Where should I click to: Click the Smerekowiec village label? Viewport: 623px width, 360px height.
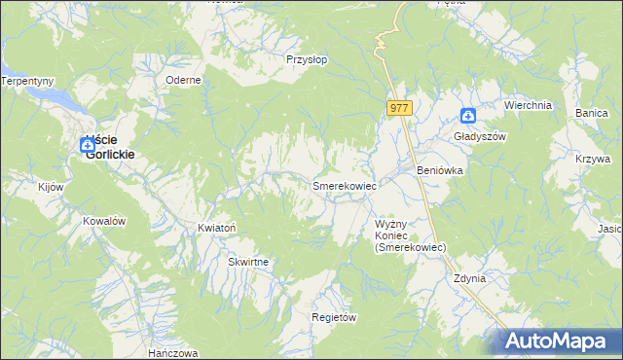click(344, 185)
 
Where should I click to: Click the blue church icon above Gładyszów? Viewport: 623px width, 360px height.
click(468, 117)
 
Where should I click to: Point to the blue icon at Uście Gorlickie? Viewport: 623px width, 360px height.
click(87, 144)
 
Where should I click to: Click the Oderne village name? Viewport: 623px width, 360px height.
click(183, 81)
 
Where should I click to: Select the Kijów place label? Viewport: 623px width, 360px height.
click(50, 186)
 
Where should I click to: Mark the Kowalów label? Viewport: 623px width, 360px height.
click(105, 221)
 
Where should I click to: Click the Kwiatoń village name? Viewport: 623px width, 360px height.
click(217, 228)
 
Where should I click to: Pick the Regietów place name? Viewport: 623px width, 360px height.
click(334, 318)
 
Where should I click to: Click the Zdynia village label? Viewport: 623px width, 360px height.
click(468, 278)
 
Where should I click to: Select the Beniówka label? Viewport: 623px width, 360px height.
click(439, 170)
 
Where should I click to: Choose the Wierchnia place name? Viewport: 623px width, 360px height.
click(528, 105)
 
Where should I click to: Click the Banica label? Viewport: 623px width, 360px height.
click(591, 114)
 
